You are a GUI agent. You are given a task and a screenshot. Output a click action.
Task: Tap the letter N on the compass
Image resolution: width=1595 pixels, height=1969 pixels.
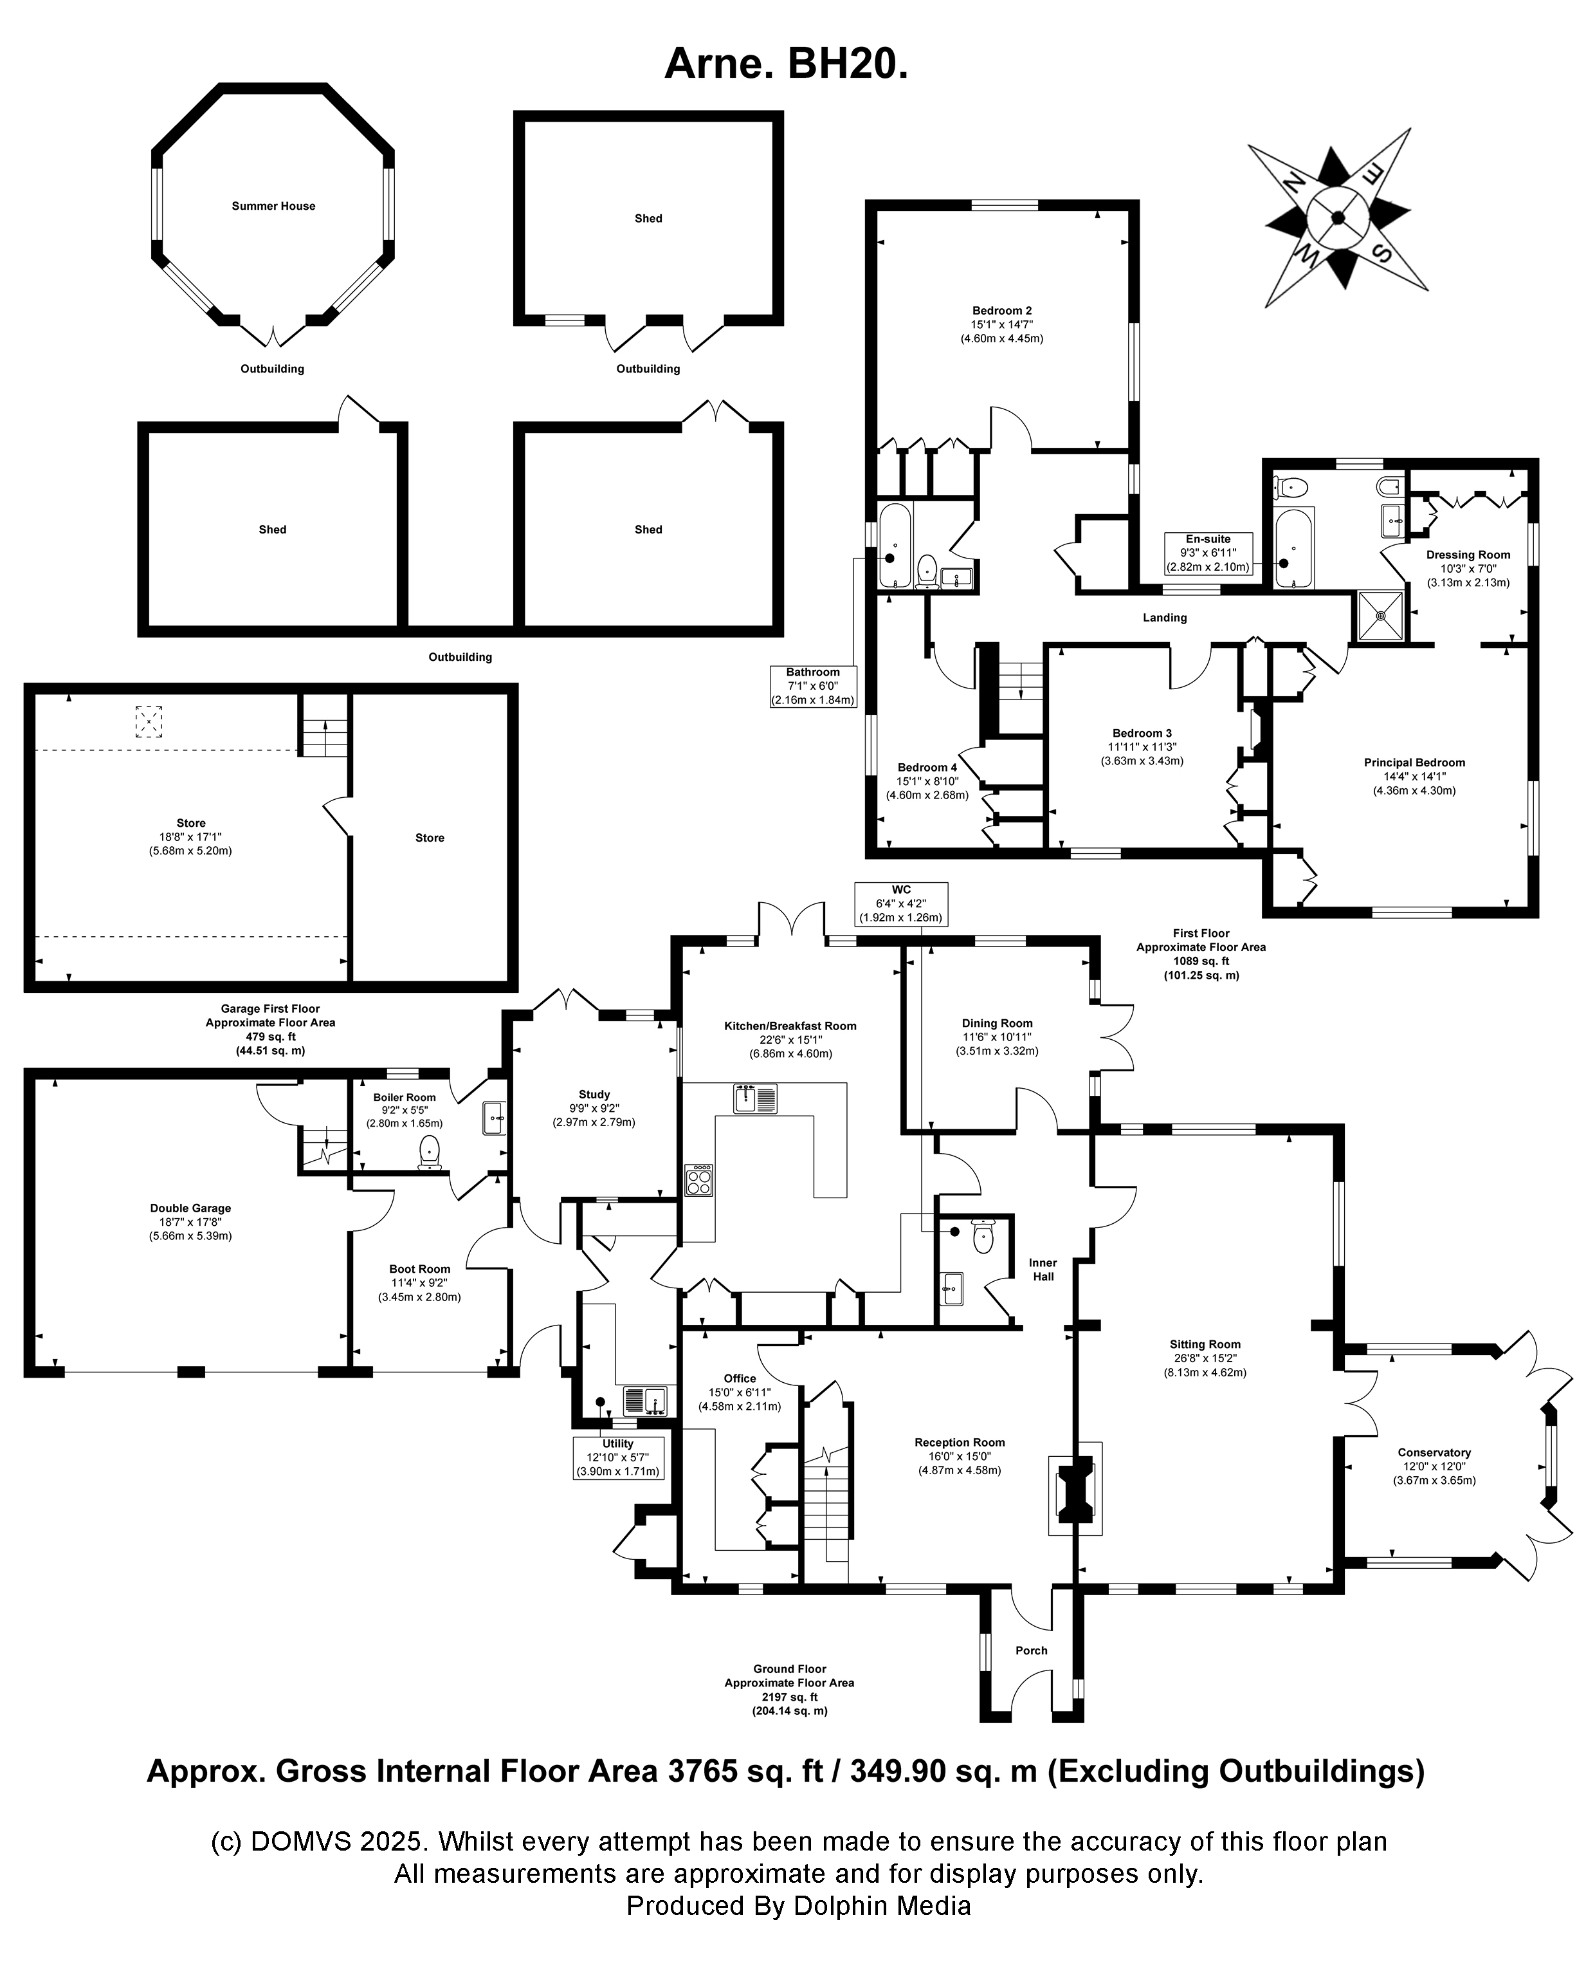(x=1293, y=183)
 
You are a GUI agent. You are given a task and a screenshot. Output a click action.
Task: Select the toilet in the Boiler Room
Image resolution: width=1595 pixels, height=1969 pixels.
(x=429, y=1152)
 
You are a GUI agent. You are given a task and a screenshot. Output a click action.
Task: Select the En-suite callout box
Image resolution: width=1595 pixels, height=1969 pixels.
(x=1208, y=553)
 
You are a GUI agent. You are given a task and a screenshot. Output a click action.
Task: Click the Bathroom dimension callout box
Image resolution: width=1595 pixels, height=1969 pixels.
(x=812, y=686)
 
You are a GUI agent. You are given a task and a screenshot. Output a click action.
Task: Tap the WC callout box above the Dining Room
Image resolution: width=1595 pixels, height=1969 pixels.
(x=900, y=903)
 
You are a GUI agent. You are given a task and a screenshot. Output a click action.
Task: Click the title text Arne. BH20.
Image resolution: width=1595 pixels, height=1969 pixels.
(x=785, y=64)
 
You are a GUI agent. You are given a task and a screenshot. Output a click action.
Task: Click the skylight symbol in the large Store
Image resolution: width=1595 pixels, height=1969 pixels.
(x=149, y=721)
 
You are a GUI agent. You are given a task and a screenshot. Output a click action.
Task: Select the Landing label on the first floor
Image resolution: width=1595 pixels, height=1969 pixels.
(x=1164, y=618)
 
